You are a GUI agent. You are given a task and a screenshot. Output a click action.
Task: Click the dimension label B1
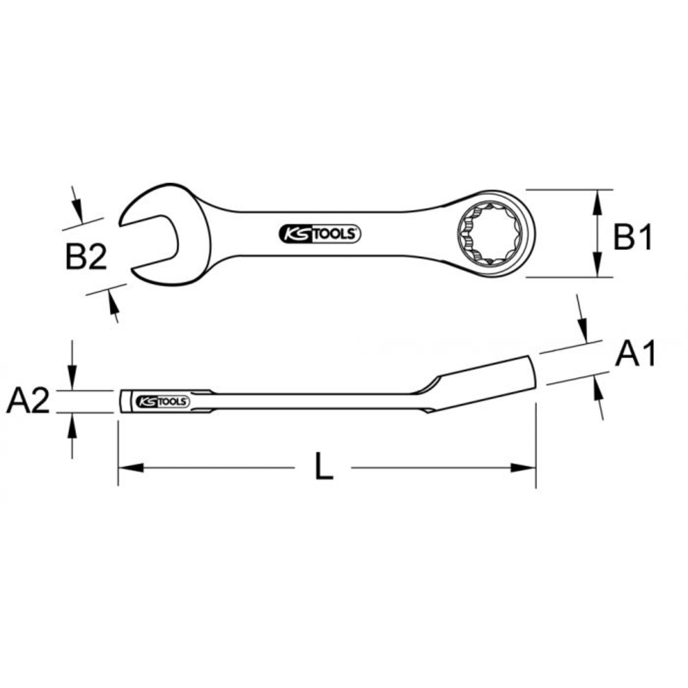[632, 238]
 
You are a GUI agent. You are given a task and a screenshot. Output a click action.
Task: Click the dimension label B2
[86, 258]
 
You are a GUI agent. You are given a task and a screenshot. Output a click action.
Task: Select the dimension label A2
[28, 401]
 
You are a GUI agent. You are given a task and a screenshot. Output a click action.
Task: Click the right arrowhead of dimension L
[523, 468]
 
